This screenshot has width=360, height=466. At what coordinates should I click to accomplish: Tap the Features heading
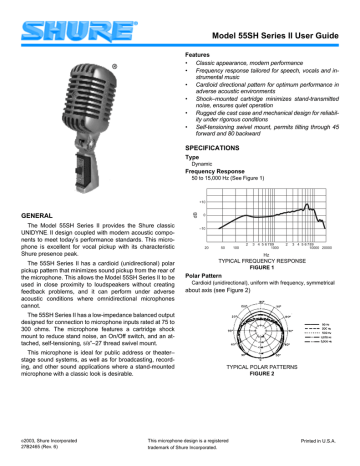[203, 52]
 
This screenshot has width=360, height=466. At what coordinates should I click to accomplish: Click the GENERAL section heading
[42, 214]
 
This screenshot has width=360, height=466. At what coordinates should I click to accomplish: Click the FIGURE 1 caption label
[265, 269]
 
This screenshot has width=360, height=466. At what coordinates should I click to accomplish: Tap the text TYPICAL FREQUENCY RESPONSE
[265, 262]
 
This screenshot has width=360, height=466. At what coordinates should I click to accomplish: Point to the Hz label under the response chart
[265, 254]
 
